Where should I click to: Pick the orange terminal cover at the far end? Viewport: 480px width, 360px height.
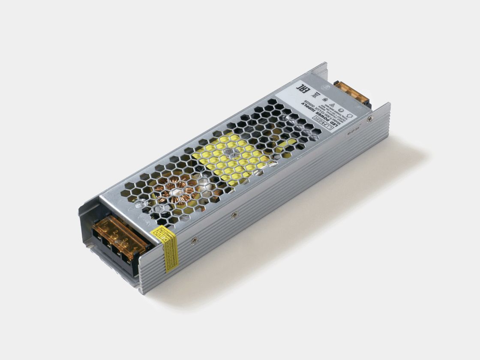(352, 93)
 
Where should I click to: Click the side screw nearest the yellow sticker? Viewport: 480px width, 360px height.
(193, 240)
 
